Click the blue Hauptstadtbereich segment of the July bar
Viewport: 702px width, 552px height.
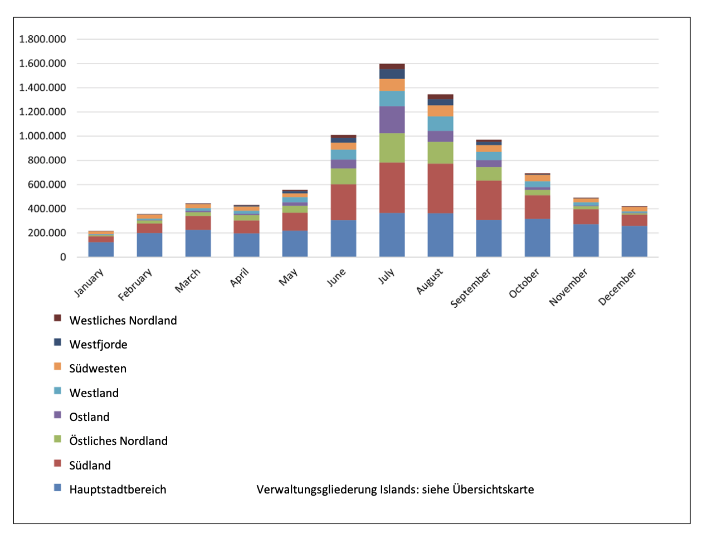(x=392, y=235)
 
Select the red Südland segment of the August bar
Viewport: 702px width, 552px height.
(x=440, y=188)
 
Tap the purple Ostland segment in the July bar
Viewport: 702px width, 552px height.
(x=392, y=120)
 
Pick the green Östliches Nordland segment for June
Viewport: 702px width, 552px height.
(x=343, y=176)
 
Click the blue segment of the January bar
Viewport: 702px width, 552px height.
(x=101, y=249)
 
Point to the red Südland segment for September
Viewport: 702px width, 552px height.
(x=489, y=200)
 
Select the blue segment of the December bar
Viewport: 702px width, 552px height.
(x=634, y=241)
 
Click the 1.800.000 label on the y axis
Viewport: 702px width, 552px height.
(x=42, y=39)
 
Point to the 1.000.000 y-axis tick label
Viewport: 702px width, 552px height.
(x=42, y=136)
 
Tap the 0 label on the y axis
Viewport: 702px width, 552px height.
(x=62, y=257)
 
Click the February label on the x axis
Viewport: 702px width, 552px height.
(x=135, y=284)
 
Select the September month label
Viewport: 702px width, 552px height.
(x=470, y=288)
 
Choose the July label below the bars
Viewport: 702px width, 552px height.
(x=387, y=276)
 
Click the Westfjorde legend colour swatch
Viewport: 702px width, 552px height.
(x=57, y=342)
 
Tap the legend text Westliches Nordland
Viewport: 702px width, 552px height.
(x=123, y=320)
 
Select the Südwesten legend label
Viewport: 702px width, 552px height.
(x=98, y=369)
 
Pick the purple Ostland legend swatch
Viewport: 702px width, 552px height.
(x=57, y=415)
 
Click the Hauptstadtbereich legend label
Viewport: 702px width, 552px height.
(x=118, y=490)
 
